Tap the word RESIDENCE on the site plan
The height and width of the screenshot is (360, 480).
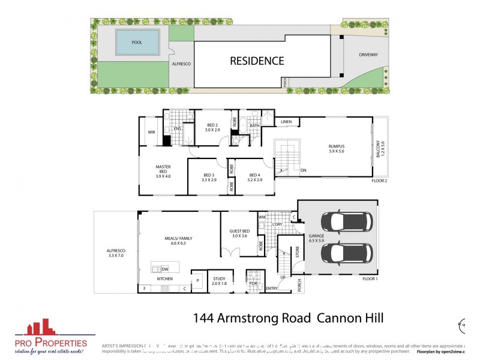tap(256, 61)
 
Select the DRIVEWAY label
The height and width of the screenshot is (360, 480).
tap(368, 55)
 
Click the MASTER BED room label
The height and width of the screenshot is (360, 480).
tap(163, 170)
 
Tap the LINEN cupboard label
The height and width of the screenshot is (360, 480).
tap(286, 122)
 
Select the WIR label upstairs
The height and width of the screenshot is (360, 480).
tap(151, 133)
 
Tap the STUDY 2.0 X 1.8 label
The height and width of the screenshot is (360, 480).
tap(219, 281)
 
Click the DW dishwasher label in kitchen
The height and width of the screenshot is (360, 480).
tap(164, 269)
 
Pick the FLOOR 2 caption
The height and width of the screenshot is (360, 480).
tap(379, 180)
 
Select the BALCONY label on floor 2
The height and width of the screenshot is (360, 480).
tap(379, 148)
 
